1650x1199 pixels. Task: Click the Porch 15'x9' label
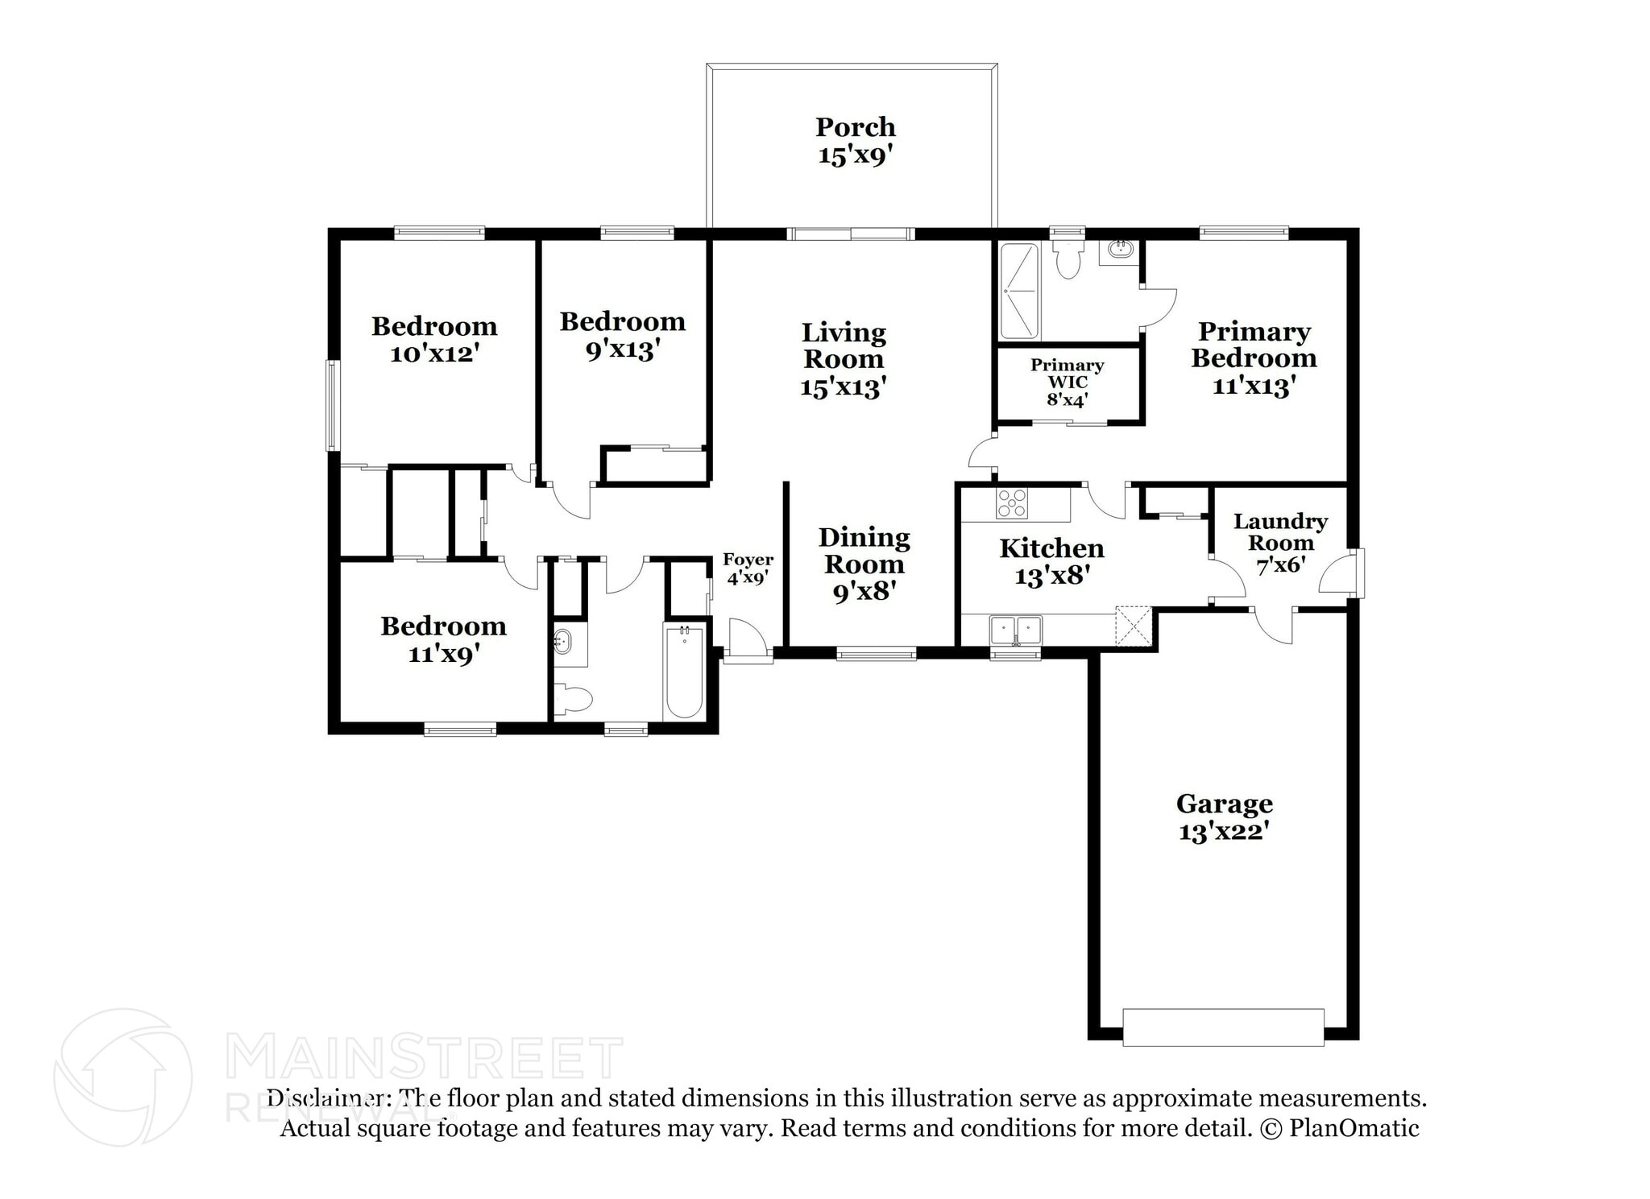(x=855, y=140)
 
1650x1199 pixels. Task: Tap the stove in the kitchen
(x=1012, y=503)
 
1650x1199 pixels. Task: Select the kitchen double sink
(x=1015, y=630)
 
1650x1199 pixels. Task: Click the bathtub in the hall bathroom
(x=684, y=672)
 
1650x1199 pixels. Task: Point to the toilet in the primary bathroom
(x=1068, y=257)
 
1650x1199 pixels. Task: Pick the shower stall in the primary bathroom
(x=1019, y=291)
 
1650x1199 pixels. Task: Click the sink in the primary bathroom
(x=1120, y=250)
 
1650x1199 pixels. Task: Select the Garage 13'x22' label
(x=1224, y=817)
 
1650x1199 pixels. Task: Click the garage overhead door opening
(x=1223, y=1027)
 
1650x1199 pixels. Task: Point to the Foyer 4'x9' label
(x=748, y=568)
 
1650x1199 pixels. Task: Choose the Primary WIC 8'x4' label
(x=1067, y=382)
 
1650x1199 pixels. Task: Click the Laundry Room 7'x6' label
(x=1280, y=544)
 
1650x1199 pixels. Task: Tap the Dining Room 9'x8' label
(x=864, y=564)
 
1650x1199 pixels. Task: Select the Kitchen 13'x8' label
(x=1051, y=561)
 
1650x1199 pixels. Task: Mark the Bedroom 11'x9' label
(x=443, y=639)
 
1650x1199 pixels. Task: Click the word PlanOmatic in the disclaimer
(x=1354, y=1128)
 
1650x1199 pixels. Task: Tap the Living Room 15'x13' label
(x=844, y=359)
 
